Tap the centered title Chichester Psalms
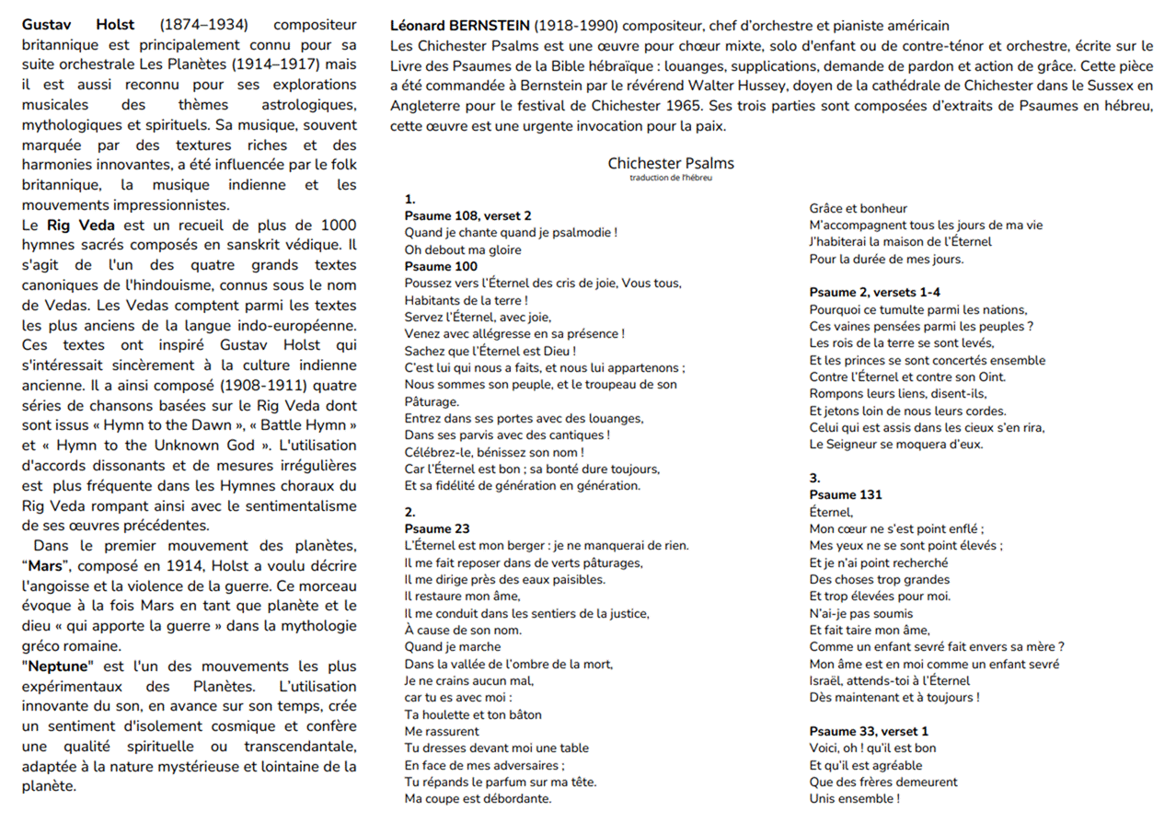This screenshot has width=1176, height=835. point(671,163)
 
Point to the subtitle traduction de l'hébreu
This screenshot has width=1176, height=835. point(671,178)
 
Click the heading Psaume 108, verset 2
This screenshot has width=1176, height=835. point(467,215)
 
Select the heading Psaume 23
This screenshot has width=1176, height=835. point(437,528)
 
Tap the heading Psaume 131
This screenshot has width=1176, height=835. point(846,494)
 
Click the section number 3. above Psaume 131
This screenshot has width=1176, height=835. point(814,478)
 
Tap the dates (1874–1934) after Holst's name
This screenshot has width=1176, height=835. point(205,25)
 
